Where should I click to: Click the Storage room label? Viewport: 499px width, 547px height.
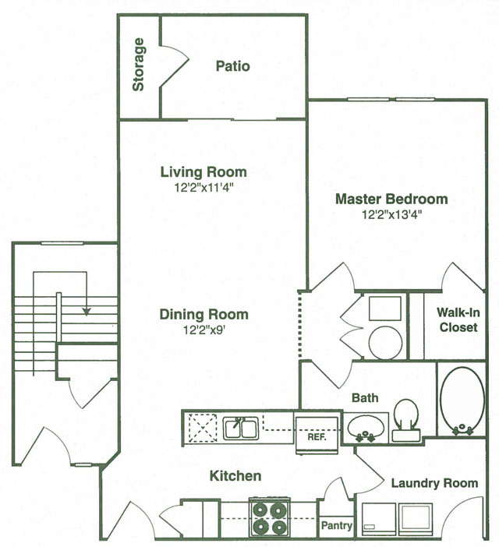(x=139, y=65)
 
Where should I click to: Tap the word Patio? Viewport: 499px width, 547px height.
(x=232, y=66)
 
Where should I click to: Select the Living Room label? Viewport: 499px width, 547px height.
(x=203, y=172)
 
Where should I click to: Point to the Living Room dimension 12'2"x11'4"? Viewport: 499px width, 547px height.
(x=203, y=187)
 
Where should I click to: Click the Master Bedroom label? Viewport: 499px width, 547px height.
(x=391, y=199)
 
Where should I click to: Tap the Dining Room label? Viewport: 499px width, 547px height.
(x=204, y=315)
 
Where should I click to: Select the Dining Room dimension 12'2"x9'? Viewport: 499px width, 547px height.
(x=204, y=330)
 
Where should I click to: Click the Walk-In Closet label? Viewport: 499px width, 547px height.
(x=458, y=320)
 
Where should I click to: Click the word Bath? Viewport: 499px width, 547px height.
(x=364, y=398)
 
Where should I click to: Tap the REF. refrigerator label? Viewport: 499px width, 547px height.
(x=316, y=437)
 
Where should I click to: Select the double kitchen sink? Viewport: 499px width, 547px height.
(x=241, y=428)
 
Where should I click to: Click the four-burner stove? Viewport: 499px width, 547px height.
(x=269, y=517)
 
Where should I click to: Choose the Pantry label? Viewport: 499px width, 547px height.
(x=336, y=527)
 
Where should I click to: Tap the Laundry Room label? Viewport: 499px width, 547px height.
(x=434, y=483)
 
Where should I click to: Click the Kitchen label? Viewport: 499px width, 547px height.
(x=235, y=475)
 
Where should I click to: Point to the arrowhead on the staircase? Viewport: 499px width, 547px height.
(x=87, y=310)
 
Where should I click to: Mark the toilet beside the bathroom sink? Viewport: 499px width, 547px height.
(x=405, y=416)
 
